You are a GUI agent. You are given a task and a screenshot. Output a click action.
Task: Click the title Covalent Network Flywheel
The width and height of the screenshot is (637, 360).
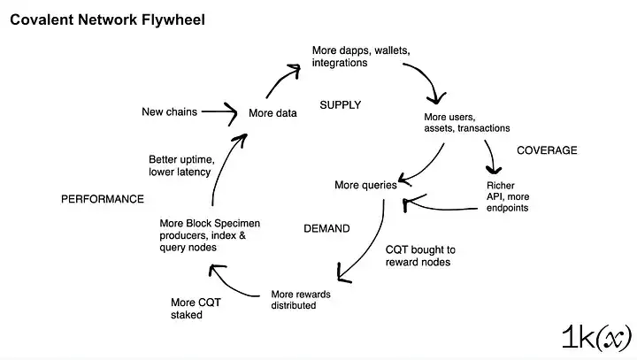[x=107, y=20]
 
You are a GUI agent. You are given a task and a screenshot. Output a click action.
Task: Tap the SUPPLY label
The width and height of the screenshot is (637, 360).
[x=341, y=105]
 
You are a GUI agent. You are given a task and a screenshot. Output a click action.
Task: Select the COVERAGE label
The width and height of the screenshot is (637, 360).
[x=547, y=150]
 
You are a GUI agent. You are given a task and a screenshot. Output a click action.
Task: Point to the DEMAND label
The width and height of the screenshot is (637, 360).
[x=326, y=228]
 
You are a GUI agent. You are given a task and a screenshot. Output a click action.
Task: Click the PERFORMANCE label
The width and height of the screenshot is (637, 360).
[x=102, y=199]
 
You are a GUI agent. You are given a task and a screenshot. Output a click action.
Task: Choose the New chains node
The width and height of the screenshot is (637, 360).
[x=169, y=111]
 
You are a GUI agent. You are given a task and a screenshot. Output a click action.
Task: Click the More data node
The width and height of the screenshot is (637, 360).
[x=272, y=113]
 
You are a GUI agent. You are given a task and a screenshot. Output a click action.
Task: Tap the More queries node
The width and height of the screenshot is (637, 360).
[x=365, y=185]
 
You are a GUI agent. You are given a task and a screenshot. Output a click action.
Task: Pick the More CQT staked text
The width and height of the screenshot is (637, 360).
[x=196, y=309]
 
